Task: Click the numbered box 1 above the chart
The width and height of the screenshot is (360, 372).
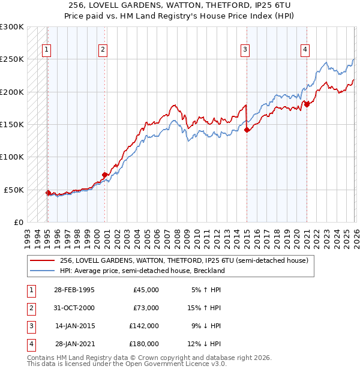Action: click(x=47, y=50)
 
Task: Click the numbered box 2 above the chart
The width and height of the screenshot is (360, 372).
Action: click(x=103, y=50)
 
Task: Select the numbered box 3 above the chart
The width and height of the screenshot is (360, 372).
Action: click(x=245, y=50)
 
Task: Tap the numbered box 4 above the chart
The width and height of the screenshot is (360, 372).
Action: click(x=305, y=50)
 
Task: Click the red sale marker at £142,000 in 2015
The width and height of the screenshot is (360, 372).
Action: click(x=247, y=130)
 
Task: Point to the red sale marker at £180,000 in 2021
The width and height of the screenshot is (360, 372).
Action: click(x=307, y=104)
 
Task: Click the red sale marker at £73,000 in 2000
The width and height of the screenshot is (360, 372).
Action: click(x=104, y=175)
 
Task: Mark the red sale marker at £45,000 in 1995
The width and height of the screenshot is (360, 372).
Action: click(x=48, y=193)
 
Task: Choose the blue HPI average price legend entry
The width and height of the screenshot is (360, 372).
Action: click(x=142, y=271)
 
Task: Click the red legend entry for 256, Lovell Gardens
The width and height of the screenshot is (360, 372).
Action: click(x=184, y=260)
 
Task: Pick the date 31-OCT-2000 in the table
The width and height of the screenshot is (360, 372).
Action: click(x=74, y=308)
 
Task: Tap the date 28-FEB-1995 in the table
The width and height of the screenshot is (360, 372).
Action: click(x=74, y=290)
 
